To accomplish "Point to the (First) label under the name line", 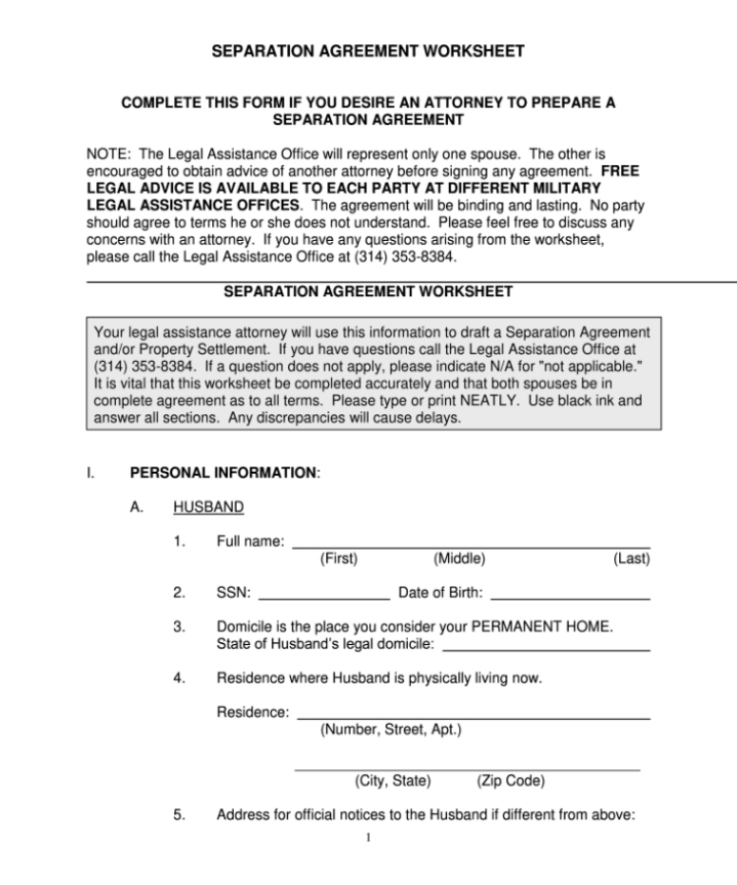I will [339, 560].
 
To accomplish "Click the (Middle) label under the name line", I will [459, 560].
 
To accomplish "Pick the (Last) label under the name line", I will [631, 560].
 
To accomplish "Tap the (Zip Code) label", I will [510, 782].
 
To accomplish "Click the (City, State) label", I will [393, 782].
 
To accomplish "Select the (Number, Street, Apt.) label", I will [390, 730].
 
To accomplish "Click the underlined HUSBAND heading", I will [208, 507].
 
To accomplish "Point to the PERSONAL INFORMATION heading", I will [224, 473].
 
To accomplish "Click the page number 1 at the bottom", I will [367, 839].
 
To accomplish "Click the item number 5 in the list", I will [179, 815].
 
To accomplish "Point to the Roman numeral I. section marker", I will [90, 473].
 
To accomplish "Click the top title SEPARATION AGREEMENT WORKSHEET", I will [368, 51].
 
